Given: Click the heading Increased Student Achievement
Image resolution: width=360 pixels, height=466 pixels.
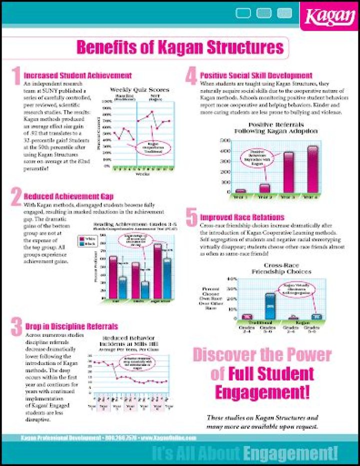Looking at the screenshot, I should tap(77, 75).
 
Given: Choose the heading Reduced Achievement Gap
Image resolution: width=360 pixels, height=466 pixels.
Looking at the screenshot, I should tap(68, 196).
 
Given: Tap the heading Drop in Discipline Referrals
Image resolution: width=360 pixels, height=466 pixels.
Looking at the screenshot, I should tap(71, 327).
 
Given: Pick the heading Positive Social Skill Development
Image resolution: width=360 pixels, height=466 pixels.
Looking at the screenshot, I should tap(256, 75).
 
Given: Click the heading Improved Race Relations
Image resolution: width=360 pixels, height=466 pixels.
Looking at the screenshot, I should tap(242, 217).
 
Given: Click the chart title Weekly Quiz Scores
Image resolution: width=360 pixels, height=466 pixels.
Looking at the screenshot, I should tap(139, 90).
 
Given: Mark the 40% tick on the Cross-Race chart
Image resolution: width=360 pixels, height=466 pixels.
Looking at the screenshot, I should tap(231, 279).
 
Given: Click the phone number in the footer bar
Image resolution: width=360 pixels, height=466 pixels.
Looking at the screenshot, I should tap(119, 438).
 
